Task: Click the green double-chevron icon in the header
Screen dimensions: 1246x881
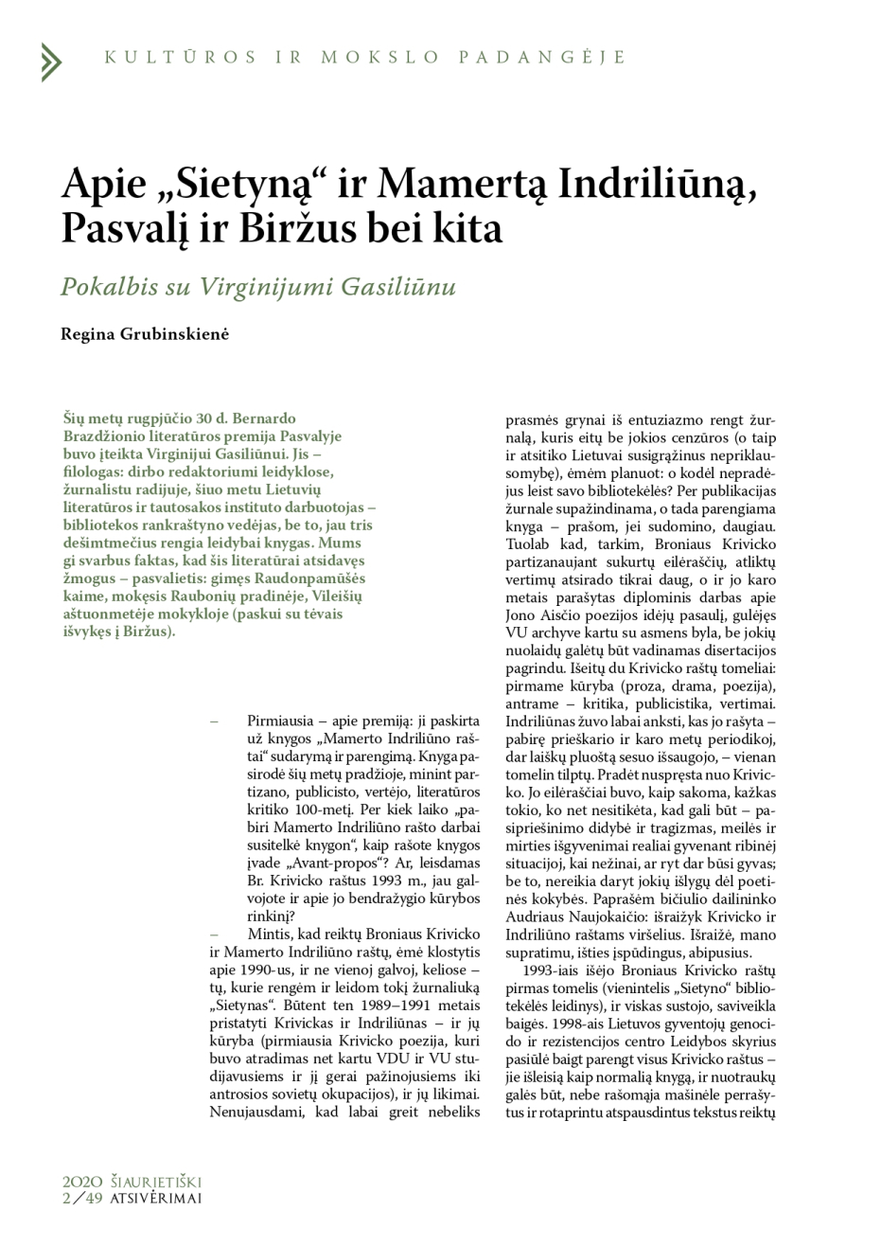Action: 50,62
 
